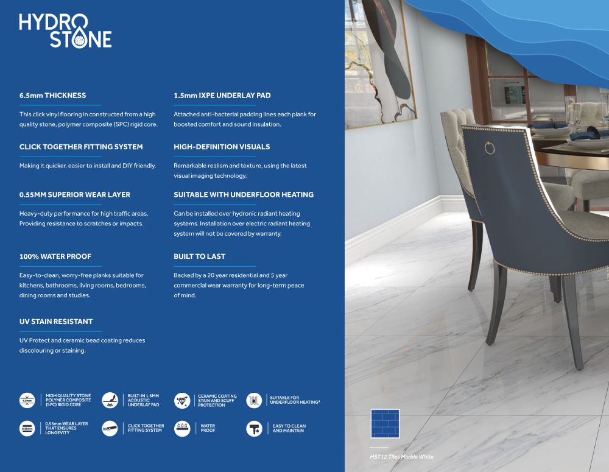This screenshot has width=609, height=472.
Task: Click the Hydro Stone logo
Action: (65, 30)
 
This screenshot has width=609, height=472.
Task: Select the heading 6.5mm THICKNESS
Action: (52, 96)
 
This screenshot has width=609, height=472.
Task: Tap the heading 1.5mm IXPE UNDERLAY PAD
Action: (222, 96)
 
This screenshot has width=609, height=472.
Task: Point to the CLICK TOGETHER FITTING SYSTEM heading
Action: (81, 147)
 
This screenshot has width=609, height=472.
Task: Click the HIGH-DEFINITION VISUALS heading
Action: (222, 147)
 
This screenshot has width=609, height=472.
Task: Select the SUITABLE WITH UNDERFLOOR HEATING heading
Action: (244, 195)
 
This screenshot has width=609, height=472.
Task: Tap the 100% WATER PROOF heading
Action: (55, 256)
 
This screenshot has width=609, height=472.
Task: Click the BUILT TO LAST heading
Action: (199, 256)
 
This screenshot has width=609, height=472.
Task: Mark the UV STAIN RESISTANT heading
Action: (56, 322)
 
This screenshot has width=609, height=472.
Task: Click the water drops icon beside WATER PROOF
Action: (182, 429)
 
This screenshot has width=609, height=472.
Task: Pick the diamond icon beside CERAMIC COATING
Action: (182, 400)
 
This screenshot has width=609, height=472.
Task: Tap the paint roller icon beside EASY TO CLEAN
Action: (254, 429)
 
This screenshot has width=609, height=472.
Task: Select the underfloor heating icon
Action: (254, 400)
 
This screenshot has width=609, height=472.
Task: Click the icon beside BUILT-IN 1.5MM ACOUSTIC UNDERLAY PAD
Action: (110, 400)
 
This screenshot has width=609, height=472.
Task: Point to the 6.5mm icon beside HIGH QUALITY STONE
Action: (27, 400)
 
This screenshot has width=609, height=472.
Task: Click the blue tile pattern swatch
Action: (385, 424)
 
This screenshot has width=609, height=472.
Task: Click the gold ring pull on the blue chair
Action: (490, 147)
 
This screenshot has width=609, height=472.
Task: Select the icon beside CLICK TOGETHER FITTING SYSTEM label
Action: (110, 429)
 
